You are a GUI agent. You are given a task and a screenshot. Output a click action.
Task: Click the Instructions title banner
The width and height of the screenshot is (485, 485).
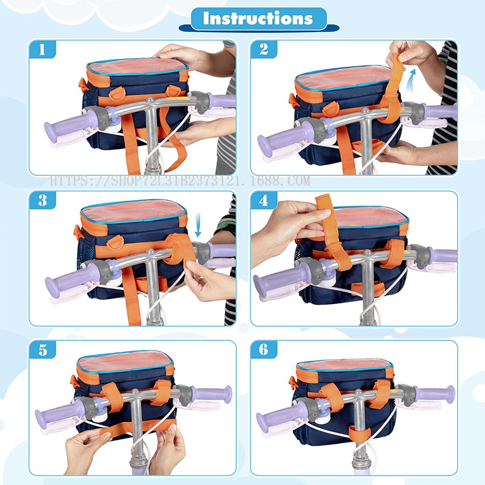(x=257, y=18)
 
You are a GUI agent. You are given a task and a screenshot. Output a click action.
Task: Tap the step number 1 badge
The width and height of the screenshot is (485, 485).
(x=42, y=50)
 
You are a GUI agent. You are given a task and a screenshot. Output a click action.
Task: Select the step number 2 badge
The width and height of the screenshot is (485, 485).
(x=264, y=50)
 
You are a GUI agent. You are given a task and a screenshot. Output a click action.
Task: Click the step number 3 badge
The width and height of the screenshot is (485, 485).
(x=42, y=201)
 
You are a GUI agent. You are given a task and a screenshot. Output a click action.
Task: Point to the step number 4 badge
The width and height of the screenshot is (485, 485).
(x=264, y=201)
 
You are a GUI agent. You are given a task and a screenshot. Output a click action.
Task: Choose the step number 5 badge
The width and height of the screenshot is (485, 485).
(x=42, y=349)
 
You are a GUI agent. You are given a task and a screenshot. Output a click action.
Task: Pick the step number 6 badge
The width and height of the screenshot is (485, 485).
(x=264, y=349)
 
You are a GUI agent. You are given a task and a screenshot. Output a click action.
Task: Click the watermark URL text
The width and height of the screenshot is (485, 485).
(x=179, y=181)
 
